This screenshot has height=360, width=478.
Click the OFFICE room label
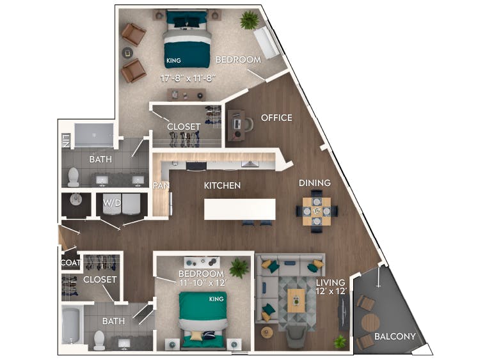276,118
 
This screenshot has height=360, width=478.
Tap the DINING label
315,183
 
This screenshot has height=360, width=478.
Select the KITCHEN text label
222,185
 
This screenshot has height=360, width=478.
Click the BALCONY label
395,336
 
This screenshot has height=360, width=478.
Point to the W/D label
112,203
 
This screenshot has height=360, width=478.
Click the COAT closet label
69,263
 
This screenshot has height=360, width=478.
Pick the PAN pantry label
160,185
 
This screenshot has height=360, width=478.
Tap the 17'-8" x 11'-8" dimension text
187,78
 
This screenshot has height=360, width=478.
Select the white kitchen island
239,209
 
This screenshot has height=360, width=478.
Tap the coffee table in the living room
296,299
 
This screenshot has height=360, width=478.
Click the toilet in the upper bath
73,175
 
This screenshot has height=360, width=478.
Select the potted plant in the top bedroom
248,20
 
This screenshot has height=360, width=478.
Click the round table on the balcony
369,324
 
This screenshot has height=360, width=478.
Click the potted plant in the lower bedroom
239,265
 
